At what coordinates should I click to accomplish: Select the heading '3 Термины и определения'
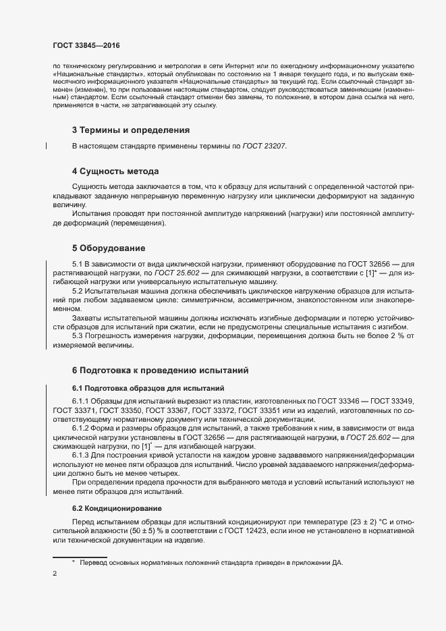click(x=130, y=130)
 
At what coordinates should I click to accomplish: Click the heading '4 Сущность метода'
click(x=115, y=171)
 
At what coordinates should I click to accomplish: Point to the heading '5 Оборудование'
click(x=108, y=248)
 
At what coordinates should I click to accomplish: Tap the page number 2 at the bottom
click(x=55, y=574)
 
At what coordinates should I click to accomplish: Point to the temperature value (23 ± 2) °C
click(x=369, y=524)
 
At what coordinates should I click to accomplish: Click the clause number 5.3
click(x=79, y=335)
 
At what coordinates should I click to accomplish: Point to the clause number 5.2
click(x=79, y=290)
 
